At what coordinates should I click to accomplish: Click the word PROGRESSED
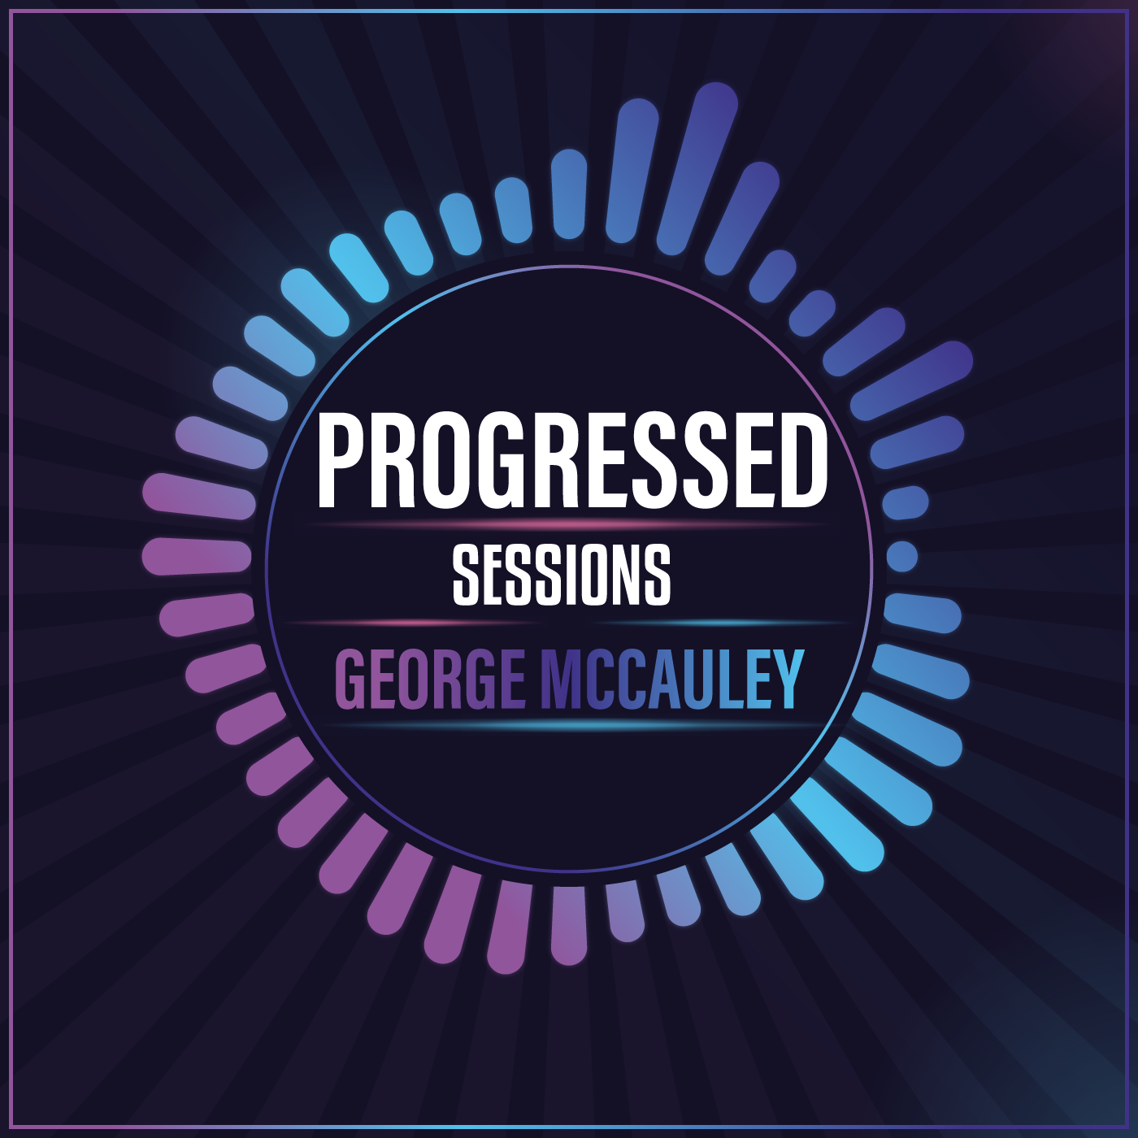pyautogui.click(x=571, y=460)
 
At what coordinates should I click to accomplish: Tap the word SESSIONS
pyautogui.click(x=561, y=576)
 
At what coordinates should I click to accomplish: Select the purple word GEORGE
pyautogui.click(x=430, y=680)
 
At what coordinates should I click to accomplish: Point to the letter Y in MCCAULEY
pyautogui.click(x=787, y=680)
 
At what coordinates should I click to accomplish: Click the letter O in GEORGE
pyautogui.click(x=405, y=680)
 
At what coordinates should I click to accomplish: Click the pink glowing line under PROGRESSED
pyautogui.click(x=569, y=524)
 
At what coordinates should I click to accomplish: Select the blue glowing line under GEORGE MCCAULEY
pyautogui.click(x=569, y=724)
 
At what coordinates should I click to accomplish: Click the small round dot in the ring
pyautogui.click(x=901, y=557)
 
